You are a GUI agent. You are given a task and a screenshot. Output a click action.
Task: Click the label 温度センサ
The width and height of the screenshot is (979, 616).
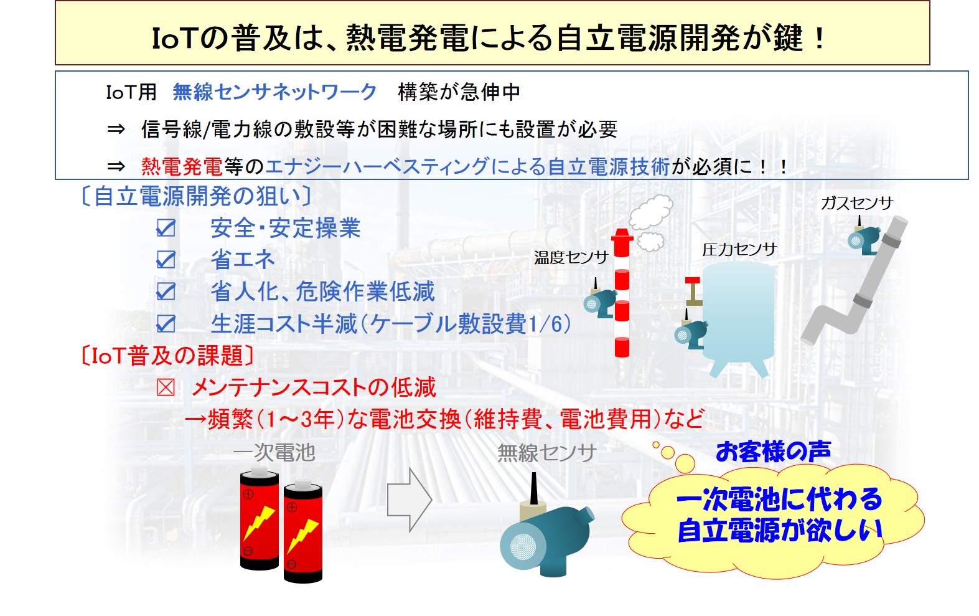(x=571, y=258)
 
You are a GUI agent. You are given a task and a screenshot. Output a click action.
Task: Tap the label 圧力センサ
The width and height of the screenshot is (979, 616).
(x=739, y=250)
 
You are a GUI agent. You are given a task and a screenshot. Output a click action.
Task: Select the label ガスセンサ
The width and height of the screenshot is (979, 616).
(x=857, y=203)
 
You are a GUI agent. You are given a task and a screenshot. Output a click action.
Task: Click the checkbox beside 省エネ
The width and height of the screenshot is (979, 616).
(x=166, y=260)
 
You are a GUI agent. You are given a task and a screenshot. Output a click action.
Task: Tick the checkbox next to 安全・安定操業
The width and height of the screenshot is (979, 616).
(x=166, y=227)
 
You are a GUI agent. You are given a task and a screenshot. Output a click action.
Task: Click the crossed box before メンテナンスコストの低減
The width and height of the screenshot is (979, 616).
(x=166, y=387)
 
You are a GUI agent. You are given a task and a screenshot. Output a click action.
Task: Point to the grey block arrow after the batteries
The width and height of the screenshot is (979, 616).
(x=410, y=500)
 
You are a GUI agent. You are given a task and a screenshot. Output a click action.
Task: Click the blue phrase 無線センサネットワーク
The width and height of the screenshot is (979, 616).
(x=274, y=92)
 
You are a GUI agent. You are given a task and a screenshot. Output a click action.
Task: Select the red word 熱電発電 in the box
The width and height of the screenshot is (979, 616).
(x=182, y=167)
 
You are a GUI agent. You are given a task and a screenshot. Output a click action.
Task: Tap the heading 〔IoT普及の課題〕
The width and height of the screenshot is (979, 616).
(x=167, y=355)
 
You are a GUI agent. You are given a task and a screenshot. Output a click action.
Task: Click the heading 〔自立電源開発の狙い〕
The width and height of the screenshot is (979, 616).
(x=196, y=196)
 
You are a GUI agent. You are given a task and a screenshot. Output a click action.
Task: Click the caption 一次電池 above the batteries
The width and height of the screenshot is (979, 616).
(x=274, y=452)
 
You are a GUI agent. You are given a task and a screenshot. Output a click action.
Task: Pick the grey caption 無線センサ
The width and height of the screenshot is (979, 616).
(x=546, y=453)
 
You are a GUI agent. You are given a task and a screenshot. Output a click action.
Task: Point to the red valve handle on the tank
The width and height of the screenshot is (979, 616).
(x=692, y=280)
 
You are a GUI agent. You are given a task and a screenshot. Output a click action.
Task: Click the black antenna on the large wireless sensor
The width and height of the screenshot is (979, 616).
(x=533, y=489)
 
